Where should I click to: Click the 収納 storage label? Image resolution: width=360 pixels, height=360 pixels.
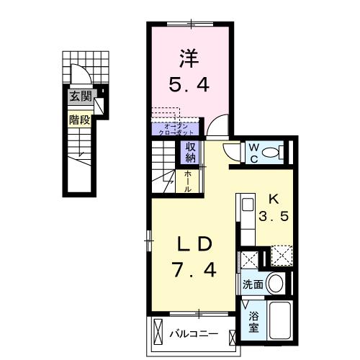click(191, 153)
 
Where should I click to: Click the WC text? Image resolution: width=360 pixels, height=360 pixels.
click(254, 151)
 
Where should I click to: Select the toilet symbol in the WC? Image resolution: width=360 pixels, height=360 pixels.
click(274, 152)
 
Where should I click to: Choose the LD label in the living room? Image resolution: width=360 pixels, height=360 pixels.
click(194, 245)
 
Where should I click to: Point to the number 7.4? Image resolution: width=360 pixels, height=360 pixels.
click(194, 272)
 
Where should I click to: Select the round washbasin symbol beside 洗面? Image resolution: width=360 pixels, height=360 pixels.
click(276, 283)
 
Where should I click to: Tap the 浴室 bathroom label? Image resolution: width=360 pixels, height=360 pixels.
click(253, 321)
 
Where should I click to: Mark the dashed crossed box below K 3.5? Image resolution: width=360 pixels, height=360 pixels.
click(280, 256)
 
